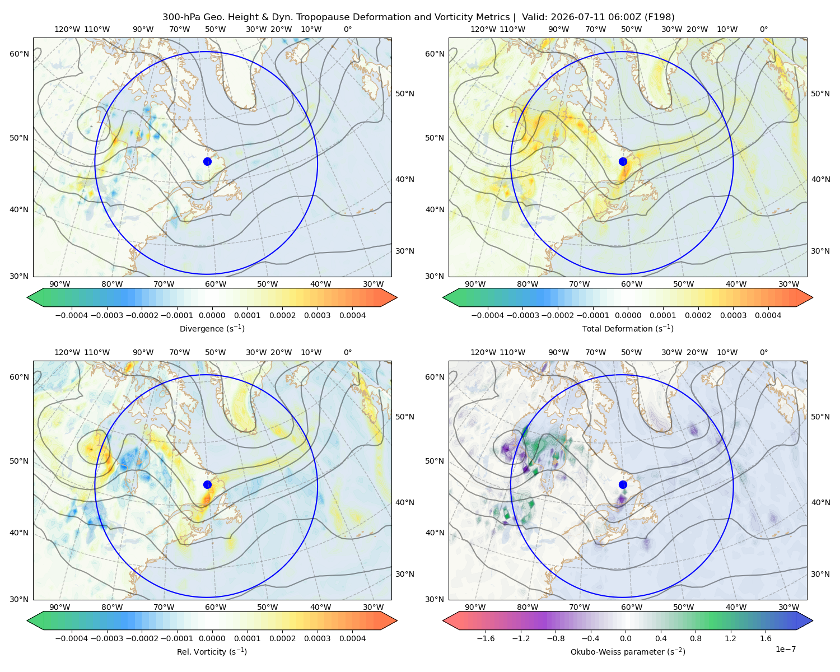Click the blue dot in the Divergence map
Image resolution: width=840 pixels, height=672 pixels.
pyautogui.click(x=207, y=161)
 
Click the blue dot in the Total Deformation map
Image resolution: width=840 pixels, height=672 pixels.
pyautogui.click(x=623, y=161)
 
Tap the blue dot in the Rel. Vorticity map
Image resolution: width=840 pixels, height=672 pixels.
pyautogui.click(x=207, y=484)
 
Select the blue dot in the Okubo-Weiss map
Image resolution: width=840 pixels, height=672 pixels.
pyautogui.click(x=623, y=484)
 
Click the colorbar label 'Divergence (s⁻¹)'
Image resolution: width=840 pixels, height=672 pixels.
pyautogui.click(x=212, y=328)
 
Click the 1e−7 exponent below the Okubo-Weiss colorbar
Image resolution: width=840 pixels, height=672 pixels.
pyautogui.click(x=785, y=649)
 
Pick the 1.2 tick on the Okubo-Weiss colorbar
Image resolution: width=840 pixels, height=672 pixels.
pyautogui.click(x=730, y=638)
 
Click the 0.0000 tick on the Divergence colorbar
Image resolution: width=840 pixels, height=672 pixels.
pyautogui.click(x=212, y=315)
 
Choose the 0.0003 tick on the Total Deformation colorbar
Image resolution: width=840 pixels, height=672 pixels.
pyautogui.click(x=733, y=315)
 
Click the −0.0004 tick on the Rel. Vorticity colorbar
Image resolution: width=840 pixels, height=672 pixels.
pyautogui.click(x=72, y=638)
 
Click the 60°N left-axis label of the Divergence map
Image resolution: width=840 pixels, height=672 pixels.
pyautogui.click(x=19, y=54)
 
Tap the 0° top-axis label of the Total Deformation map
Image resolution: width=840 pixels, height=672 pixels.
pyautogui.click(x=763, y=29)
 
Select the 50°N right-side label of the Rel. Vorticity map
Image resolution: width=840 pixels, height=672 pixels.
pyautogui.click(x=405, y=417)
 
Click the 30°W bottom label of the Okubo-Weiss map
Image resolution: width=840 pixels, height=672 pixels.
pyautogui.click(x=788, y=607)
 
